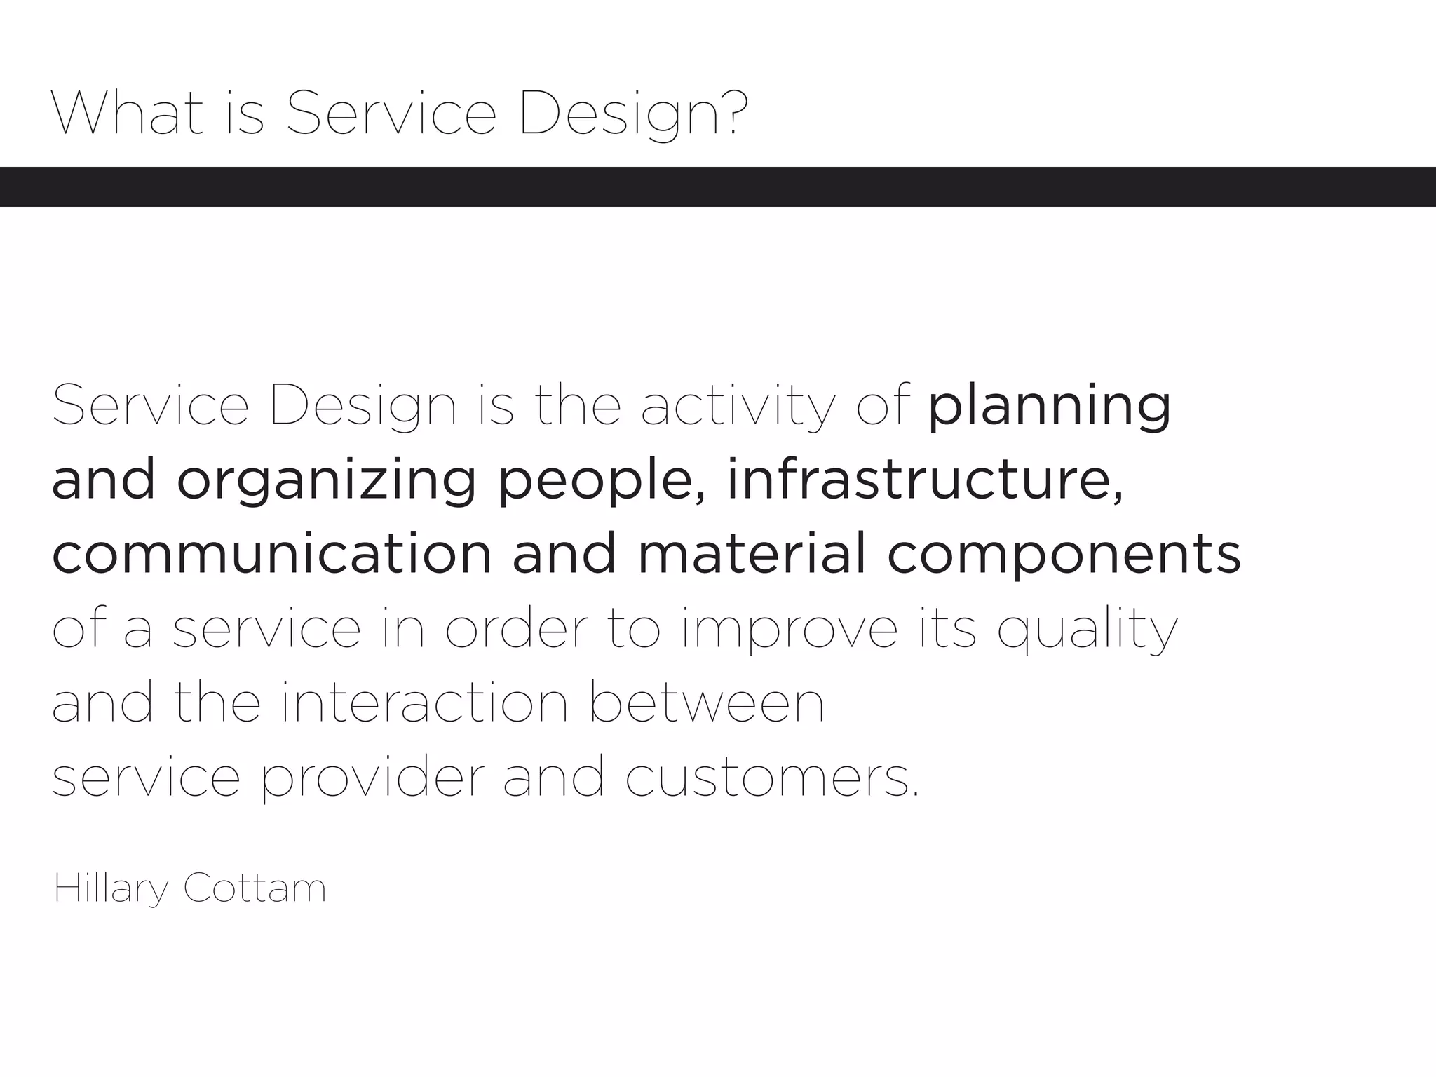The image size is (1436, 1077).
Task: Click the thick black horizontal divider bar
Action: [x=718, y=187]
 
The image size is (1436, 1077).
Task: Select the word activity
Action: [x=738, y=407]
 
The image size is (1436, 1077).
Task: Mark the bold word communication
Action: [x=272, y=554]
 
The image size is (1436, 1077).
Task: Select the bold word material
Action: [x=752, y=554]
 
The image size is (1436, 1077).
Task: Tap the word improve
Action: [x=789, y=630]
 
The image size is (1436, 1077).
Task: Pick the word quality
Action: [x=1087, y=630]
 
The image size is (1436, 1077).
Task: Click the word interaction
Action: [x=424, y=703]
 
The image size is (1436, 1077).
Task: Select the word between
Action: [x=707, y=703]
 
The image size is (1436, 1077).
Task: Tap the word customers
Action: [x=771, y=778]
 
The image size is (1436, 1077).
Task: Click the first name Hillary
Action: [x=111, y=889]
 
